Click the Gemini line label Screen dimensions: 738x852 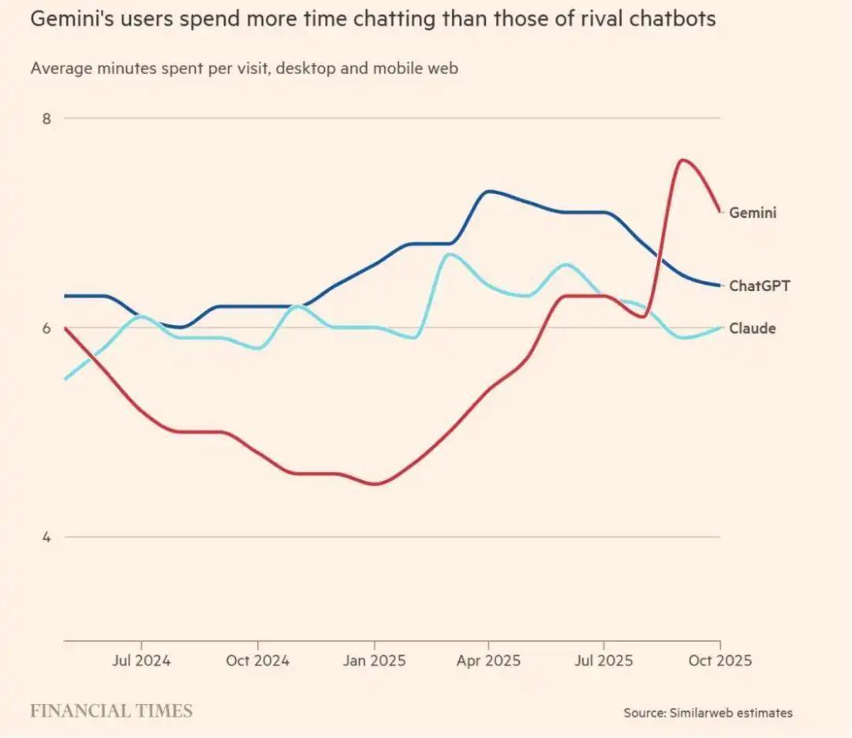[753, 212]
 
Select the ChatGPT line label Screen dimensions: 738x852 [759, 286]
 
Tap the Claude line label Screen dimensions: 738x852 [752, 328]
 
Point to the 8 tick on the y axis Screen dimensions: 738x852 [47, 118]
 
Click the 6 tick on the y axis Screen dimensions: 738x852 [47, 328]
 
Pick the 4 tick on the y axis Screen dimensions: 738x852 [47, 537]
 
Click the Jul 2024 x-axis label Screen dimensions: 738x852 [142, 661]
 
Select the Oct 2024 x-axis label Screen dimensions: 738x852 [258, 661]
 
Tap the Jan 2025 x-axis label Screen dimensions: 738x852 [374, 661]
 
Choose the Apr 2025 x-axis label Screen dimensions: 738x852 [488, 661]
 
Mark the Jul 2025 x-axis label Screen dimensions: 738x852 [603, 661]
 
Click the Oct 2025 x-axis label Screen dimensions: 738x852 [719, 661]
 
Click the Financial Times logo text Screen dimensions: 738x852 [111, 711]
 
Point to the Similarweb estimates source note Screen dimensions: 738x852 [708, 713]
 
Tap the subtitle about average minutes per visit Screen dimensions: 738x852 [245, 69]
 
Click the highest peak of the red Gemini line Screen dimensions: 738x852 [682, 160]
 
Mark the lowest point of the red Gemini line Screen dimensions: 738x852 [374, 484]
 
